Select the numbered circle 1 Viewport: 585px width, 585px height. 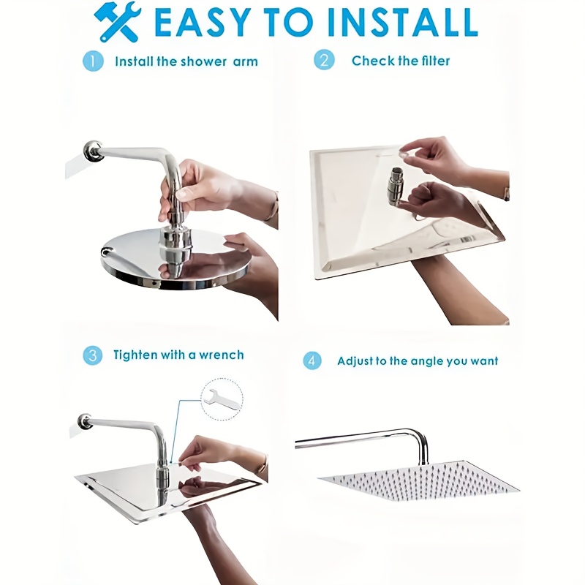tap(93, 61)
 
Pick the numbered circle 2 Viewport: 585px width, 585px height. tap(324, 60)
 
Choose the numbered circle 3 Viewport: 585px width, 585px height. tap(93, 355)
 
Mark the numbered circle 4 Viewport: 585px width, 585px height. tap(312, 361)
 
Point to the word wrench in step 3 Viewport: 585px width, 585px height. tap(222, 355)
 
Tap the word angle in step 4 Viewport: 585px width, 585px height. tap(423, 362)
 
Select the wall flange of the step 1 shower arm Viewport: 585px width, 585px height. tap(94, 151)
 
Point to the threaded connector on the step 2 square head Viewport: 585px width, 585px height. tap(395, 186)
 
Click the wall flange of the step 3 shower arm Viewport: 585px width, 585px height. tap(85, 422)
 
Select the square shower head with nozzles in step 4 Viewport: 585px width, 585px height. tap(418, 481)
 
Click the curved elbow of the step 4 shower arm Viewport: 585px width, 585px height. tap(419, 438)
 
